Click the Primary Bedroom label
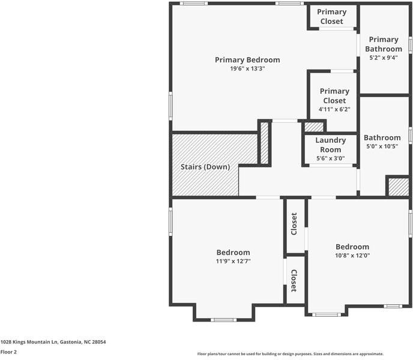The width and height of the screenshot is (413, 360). (x=247, y=59)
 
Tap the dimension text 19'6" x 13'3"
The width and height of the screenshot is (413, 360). (x=247, y=68)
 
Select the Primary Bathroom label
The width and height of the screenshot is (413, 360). (x=384, y=44)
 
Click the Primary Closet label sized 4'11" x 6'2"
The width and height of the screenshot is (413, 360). (x=334, y=96)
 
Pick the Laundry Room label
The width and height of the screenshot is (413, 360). (x=330, y=145)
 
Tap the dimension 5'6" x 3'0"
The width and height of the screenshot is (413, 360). (x=330, y=158)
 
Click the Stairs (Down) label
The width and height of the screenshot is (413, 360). (x=205, y=167)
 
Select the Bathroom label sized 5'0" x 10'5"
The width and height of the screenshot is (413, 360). (x=382, y=137)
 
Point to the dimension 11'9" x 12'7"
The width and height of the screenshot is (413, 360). (x=233, y=261)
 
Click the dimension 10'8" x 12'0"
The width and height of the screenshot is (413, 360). (x=352, y=255)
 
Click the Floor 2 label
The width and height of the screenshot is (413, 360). (x=8, y=352)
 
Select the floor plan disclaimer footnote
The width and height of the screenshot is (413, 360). (x=290, y=354)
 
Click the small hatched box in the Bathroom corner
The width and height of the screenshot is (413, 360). (x=397, y=187)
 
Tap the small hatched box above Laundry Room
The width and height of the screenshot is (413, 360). (x=313, y=127)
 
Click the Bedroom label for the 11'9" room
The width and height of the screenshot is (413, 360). (x=233, y=253)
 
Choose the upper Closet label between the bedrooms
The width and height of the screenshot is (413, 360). (x=294, y=224)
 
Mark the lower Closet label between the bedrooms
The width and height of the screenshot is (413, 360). (x=294, y=280)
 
